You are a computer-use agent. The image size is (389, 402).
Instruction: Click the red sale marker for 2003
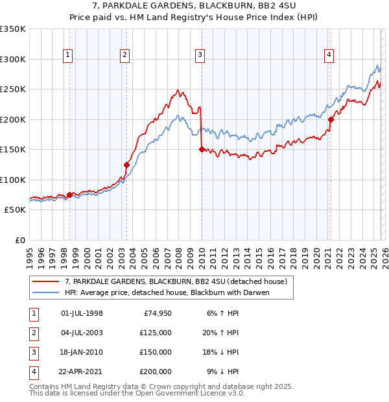[126, 165]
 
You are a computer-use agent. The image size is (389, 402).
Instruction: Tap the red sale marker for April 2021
[331, 119]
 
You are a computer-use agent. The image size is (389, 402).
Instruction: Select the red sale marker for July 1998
[69, 195]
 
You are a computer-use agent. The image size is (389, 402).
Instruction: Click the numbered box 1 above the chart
[68, 56]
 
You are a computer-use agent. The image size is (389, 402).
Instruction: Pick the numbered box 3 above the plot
[200, 56]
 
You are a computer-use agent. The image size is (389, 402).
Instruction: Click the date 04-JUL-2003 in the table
[81, 332]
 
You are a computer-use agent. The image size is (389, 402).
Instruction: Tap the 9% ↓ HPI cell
[222, 372]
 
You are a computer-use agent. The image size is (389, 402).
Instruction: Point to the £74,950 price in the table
[156, 313]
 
